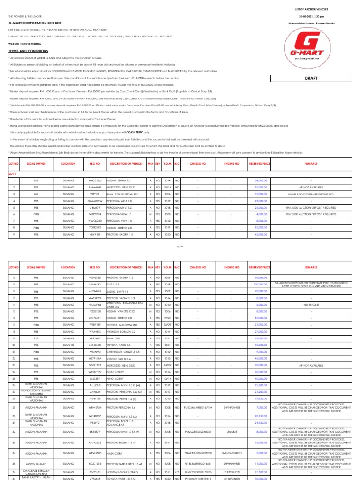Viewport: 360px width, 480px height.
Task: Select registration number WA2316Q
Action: point(95,180)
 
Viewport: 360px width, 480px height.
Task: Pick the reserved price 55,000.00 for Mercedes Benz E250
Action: point(260,187)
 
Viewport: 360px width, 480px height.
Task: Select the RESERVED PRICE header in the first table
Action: point(260,164)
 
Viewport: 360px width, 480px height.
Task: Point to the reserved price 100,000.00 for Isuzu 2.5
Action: point(260,284)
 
